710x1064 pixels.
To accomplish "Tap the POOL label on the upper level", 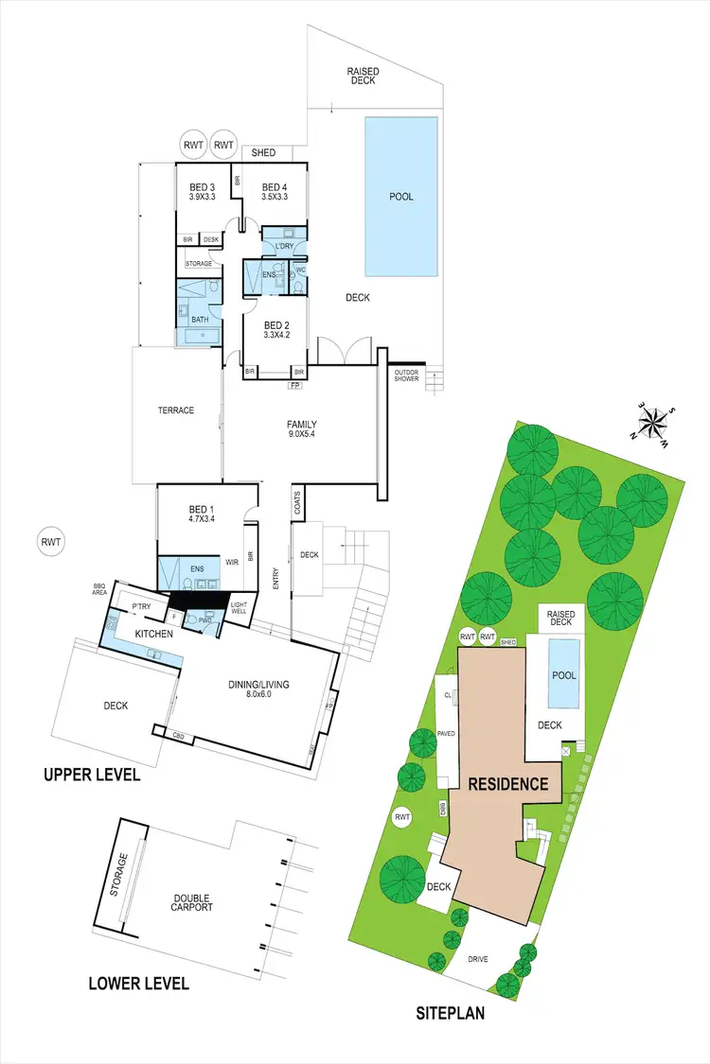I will (401, 197).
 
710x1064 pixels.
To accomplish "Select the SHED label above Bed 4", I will (263, 153).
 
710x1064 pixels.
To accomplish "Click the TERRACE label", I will (175, 410).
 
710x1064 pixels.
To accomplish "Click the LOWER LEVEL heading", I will (138, 984).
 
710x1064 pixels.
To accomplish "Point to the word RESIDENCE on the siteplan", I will (506, 783).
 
